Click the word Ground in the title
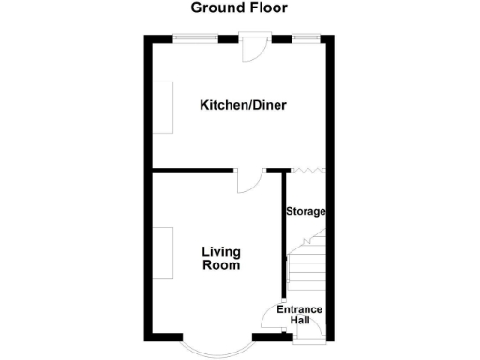point(215,8)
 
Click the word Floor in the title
point(268,8)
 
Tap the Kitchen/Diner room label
point(243,105)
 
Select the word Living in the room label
point(221,251)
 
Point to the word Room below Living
point(221,265)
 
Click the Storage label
point(306,212)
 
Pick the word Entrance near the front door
point(300,310)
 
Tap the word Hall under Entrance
point(300,322)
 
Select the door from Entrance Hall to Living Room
point(270,322)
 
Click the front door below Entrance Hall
point(307,338)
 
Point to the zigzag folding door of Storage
point(307,171)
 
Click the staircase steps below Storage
point(305,267)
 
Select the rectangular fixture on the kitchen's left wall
point(162,108)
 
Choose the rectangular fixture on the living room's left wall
point(162,253)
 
